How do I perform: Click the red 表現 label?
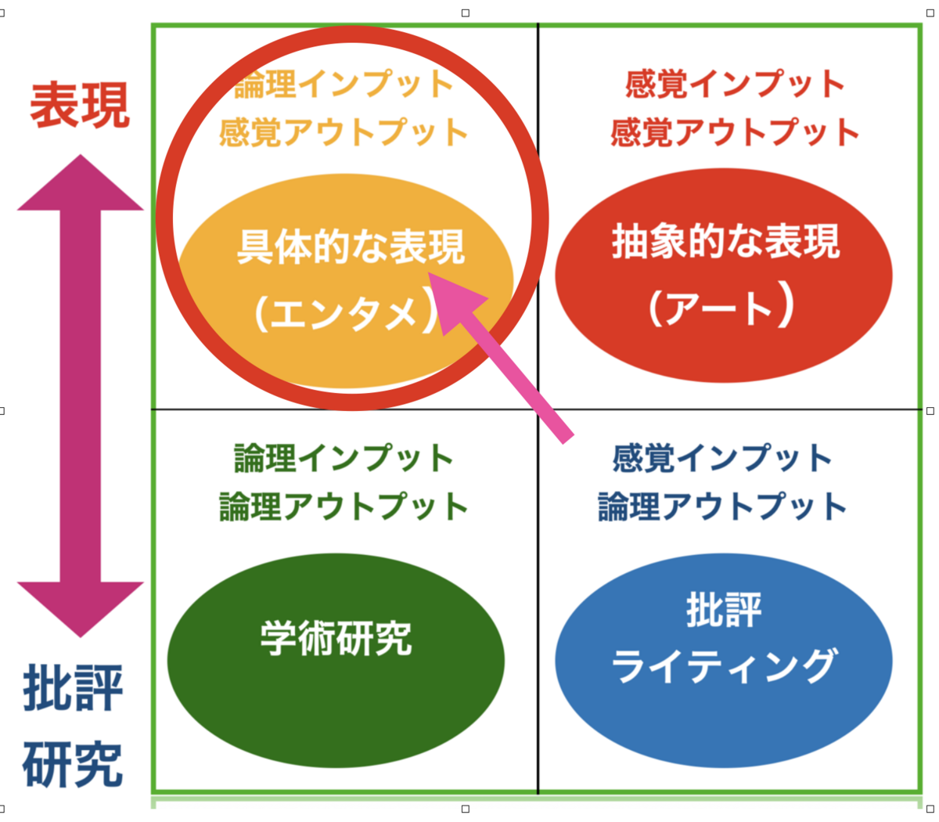click(80, 105)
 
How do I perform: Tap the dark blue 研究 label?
click(74, 764)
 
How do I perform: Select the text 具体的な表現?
click(351, 247)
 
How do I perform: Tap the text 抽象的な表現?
click(725, 242)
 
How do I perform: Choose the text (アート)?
click(721, 308)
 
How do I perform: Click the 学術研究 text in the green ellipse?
click(336, 639)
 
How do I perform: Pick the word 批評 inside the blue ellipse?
click(724, 610)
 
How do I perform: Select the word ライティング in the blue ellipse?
click(724, 666)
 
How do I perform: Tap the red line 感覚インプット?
click(735, 84)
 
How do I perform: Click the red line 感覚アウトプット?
click(735, 132)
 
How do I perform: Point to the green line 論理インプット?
click(344, 458)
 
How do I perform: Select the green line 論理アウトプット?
click(344, 507)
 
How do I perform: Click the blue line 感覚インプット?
click(722, 458)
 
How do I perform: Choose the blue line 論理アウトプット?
click(722, 507)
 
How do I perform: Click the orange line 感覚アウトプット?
click(344, 132)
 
